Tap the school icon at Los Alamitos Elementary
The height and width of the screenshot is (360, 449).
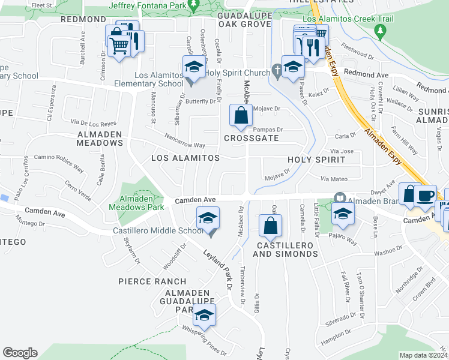click(194, 68)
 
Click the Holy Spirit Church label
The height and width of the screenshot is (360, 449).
click(238, 73)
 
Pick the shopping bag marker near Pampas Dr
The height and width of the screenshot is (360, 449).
click(241, 115)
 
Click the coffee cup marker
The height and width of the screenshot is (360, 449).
click(426, 196)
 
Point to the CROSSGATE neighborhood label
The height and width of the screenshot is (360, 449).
click(252, 138)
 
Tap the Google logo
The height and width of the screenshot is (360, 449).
click(20, 353)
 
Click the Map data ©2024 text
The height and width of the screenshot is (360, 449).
click(423, 355)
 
